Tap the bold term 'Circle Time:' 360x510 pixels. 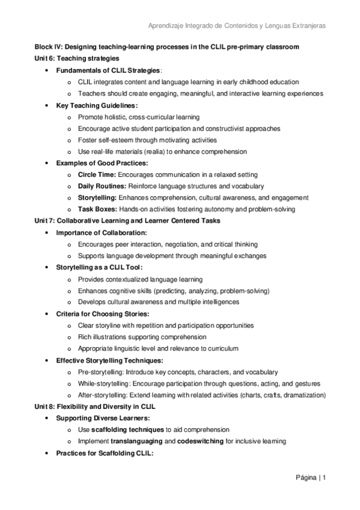[x=97, y=174]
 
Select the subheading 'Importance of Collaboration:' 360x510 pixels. [x=102, y=232]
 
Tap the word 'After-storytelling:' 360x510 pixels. [x=103, y=395]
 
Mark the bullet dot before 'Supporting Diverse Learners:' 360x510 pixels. [x=47, y=418]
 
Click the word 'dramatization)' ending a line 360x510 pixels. [x=305, y=395]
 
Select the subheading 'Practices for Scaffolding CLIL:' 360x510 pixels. [x=105, y=453]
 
